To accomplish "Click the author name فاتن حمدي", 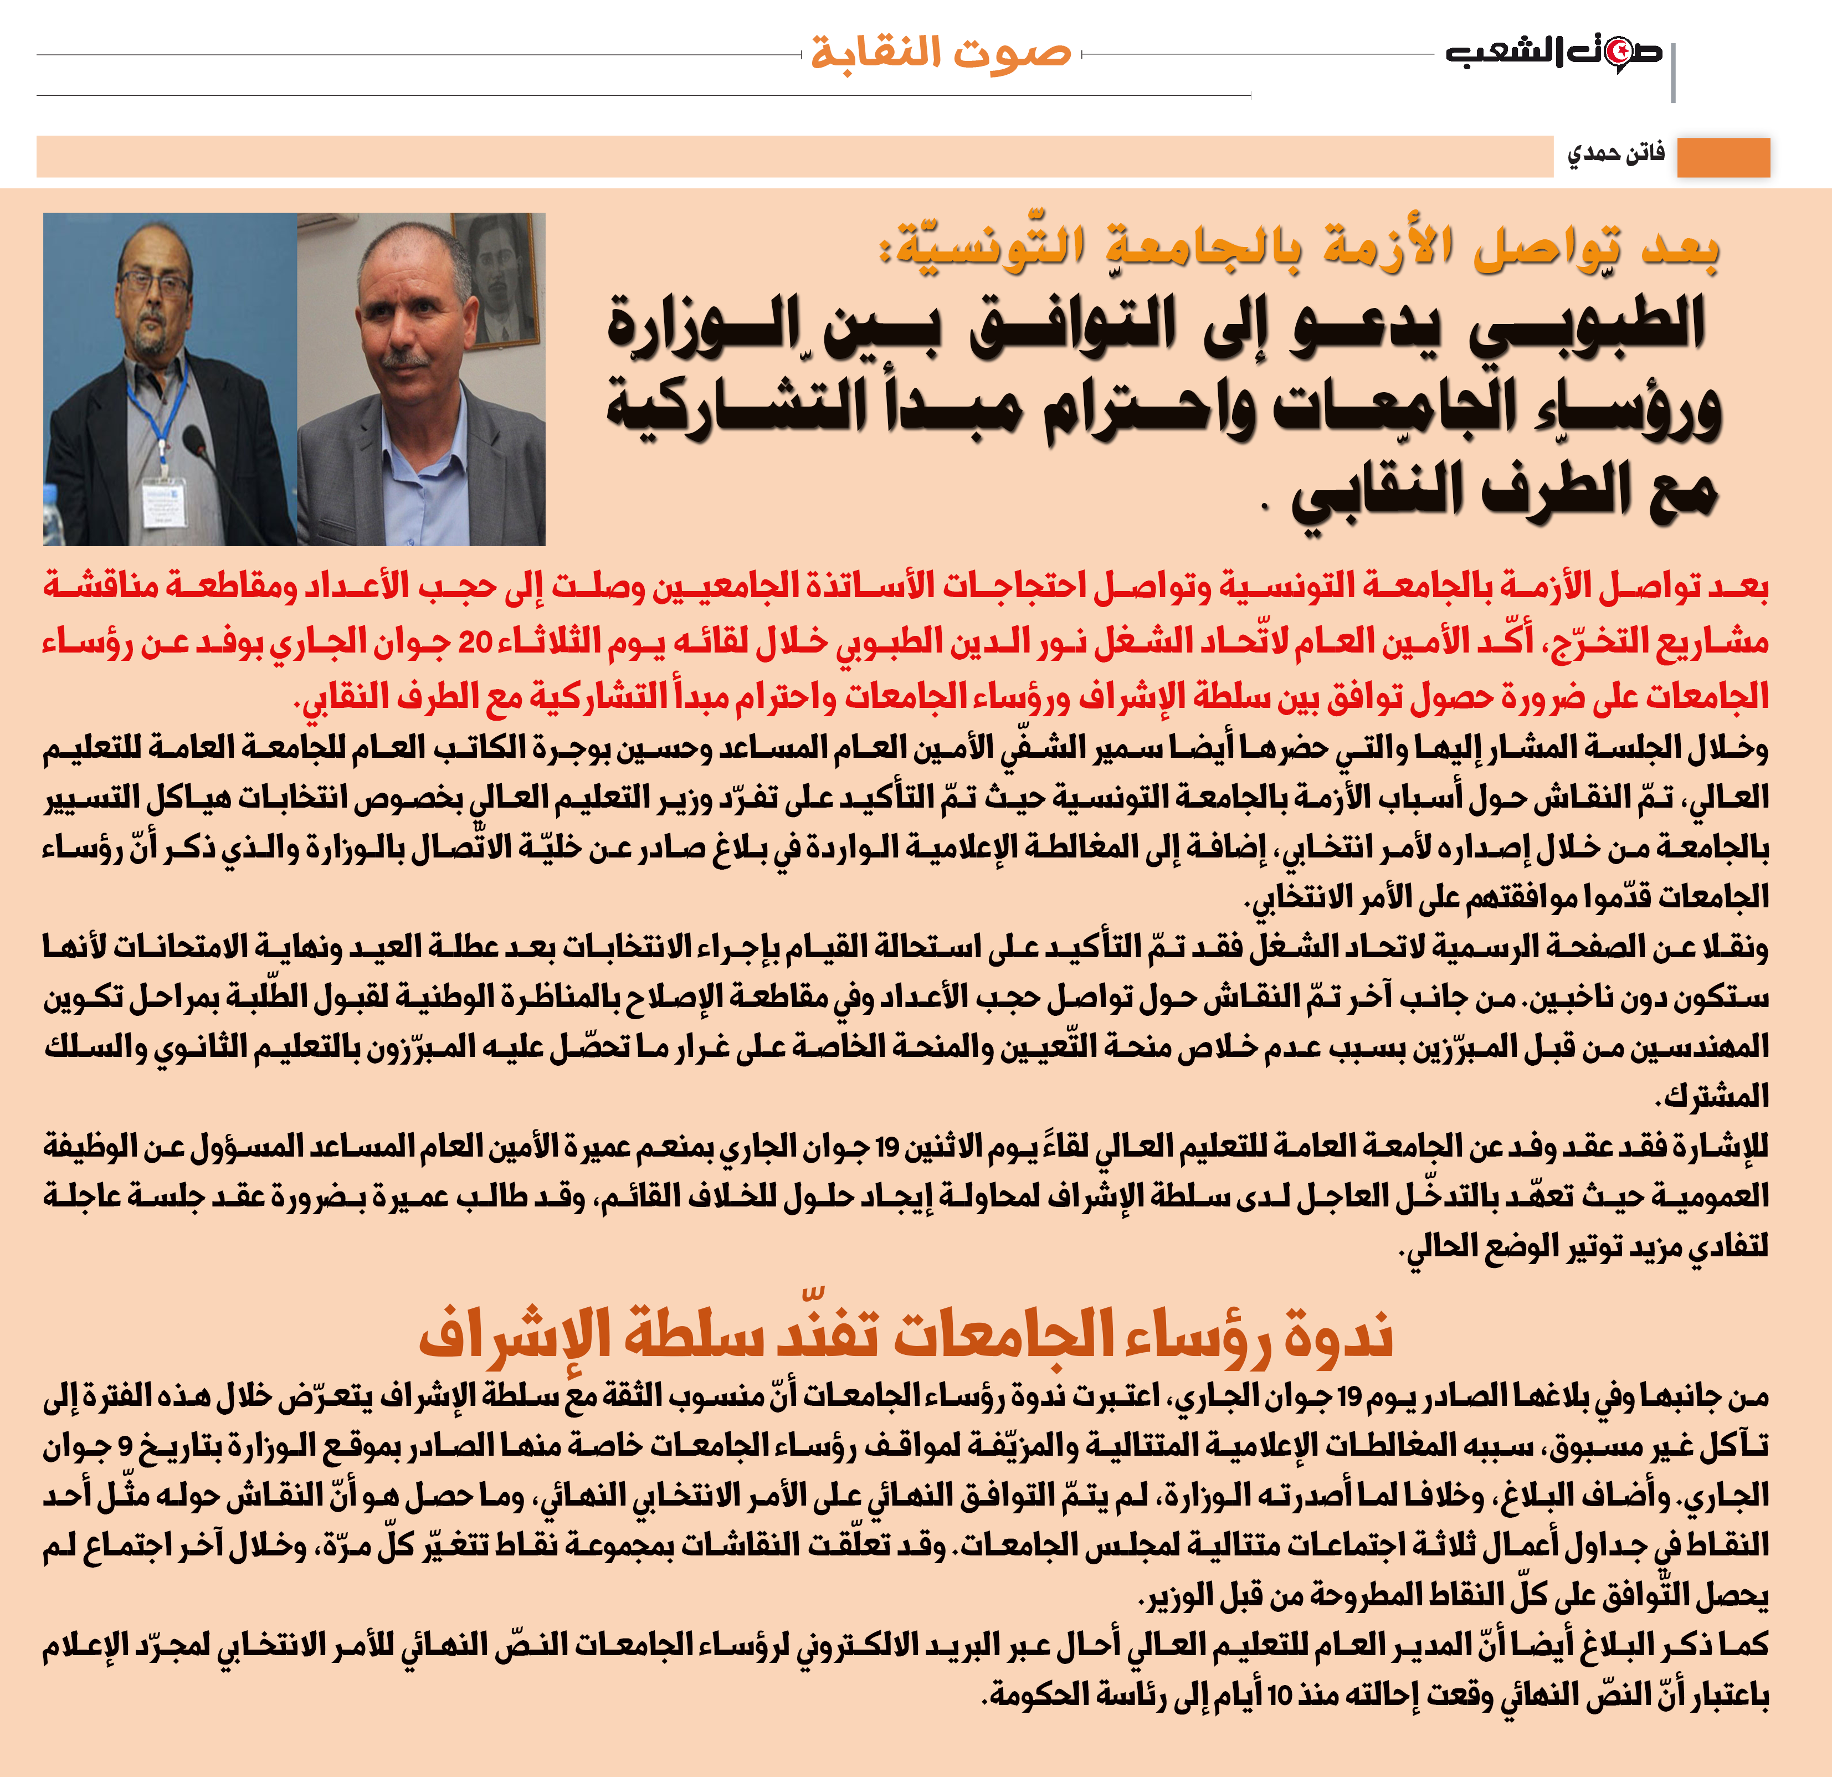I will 1616,154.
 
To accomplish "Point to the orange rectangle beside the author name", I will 1723,157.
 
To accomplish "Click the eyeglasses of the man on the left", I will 154,283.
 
